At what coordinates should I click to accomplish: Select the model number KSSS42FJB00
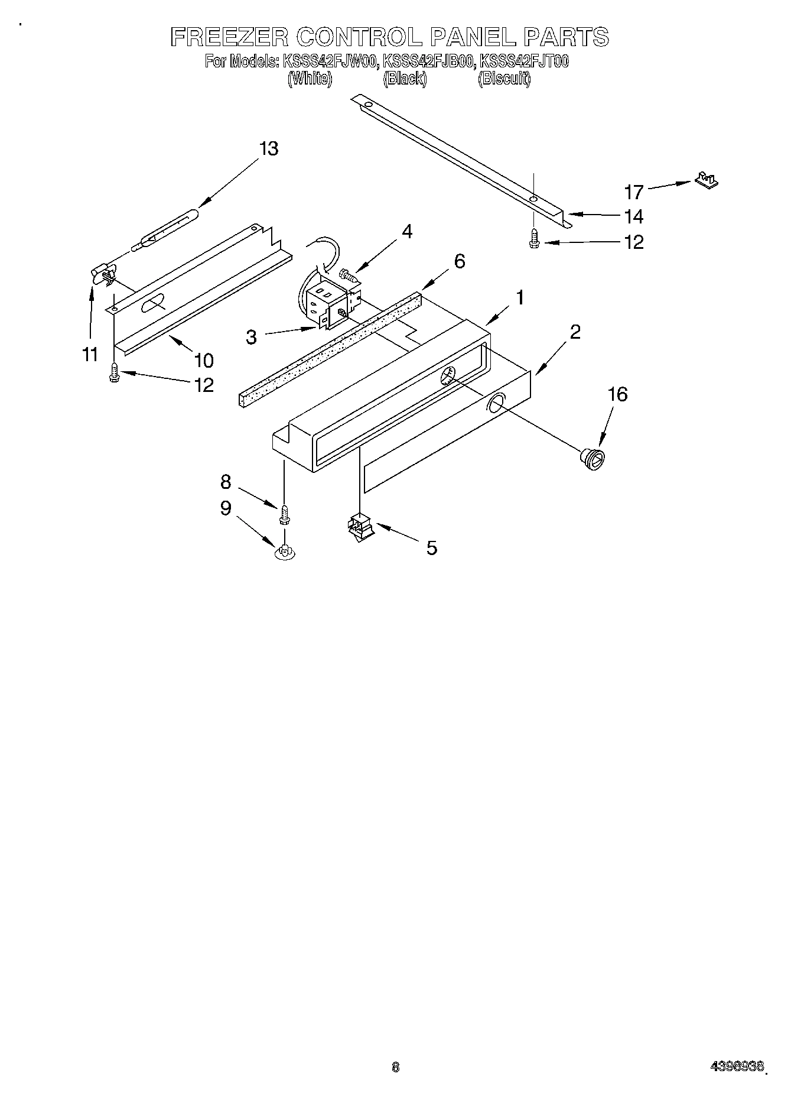(x=428, y=61)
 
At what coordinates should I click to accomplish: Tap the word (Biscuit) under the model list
(x=504, y=79)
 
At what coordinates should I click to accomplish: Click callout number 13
(x=268, y=148)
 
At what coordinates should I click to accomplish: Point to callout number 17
(x=634, y=192)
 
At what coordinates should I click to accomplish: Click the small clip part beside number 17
(x=707, y=180)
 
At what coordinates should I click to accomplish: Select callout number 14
(x=633, y=216)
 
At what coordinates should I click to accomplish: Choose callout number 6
(x=460, y=261)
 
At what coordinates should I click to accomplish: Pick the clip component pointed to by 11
(x=103, y=274)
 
